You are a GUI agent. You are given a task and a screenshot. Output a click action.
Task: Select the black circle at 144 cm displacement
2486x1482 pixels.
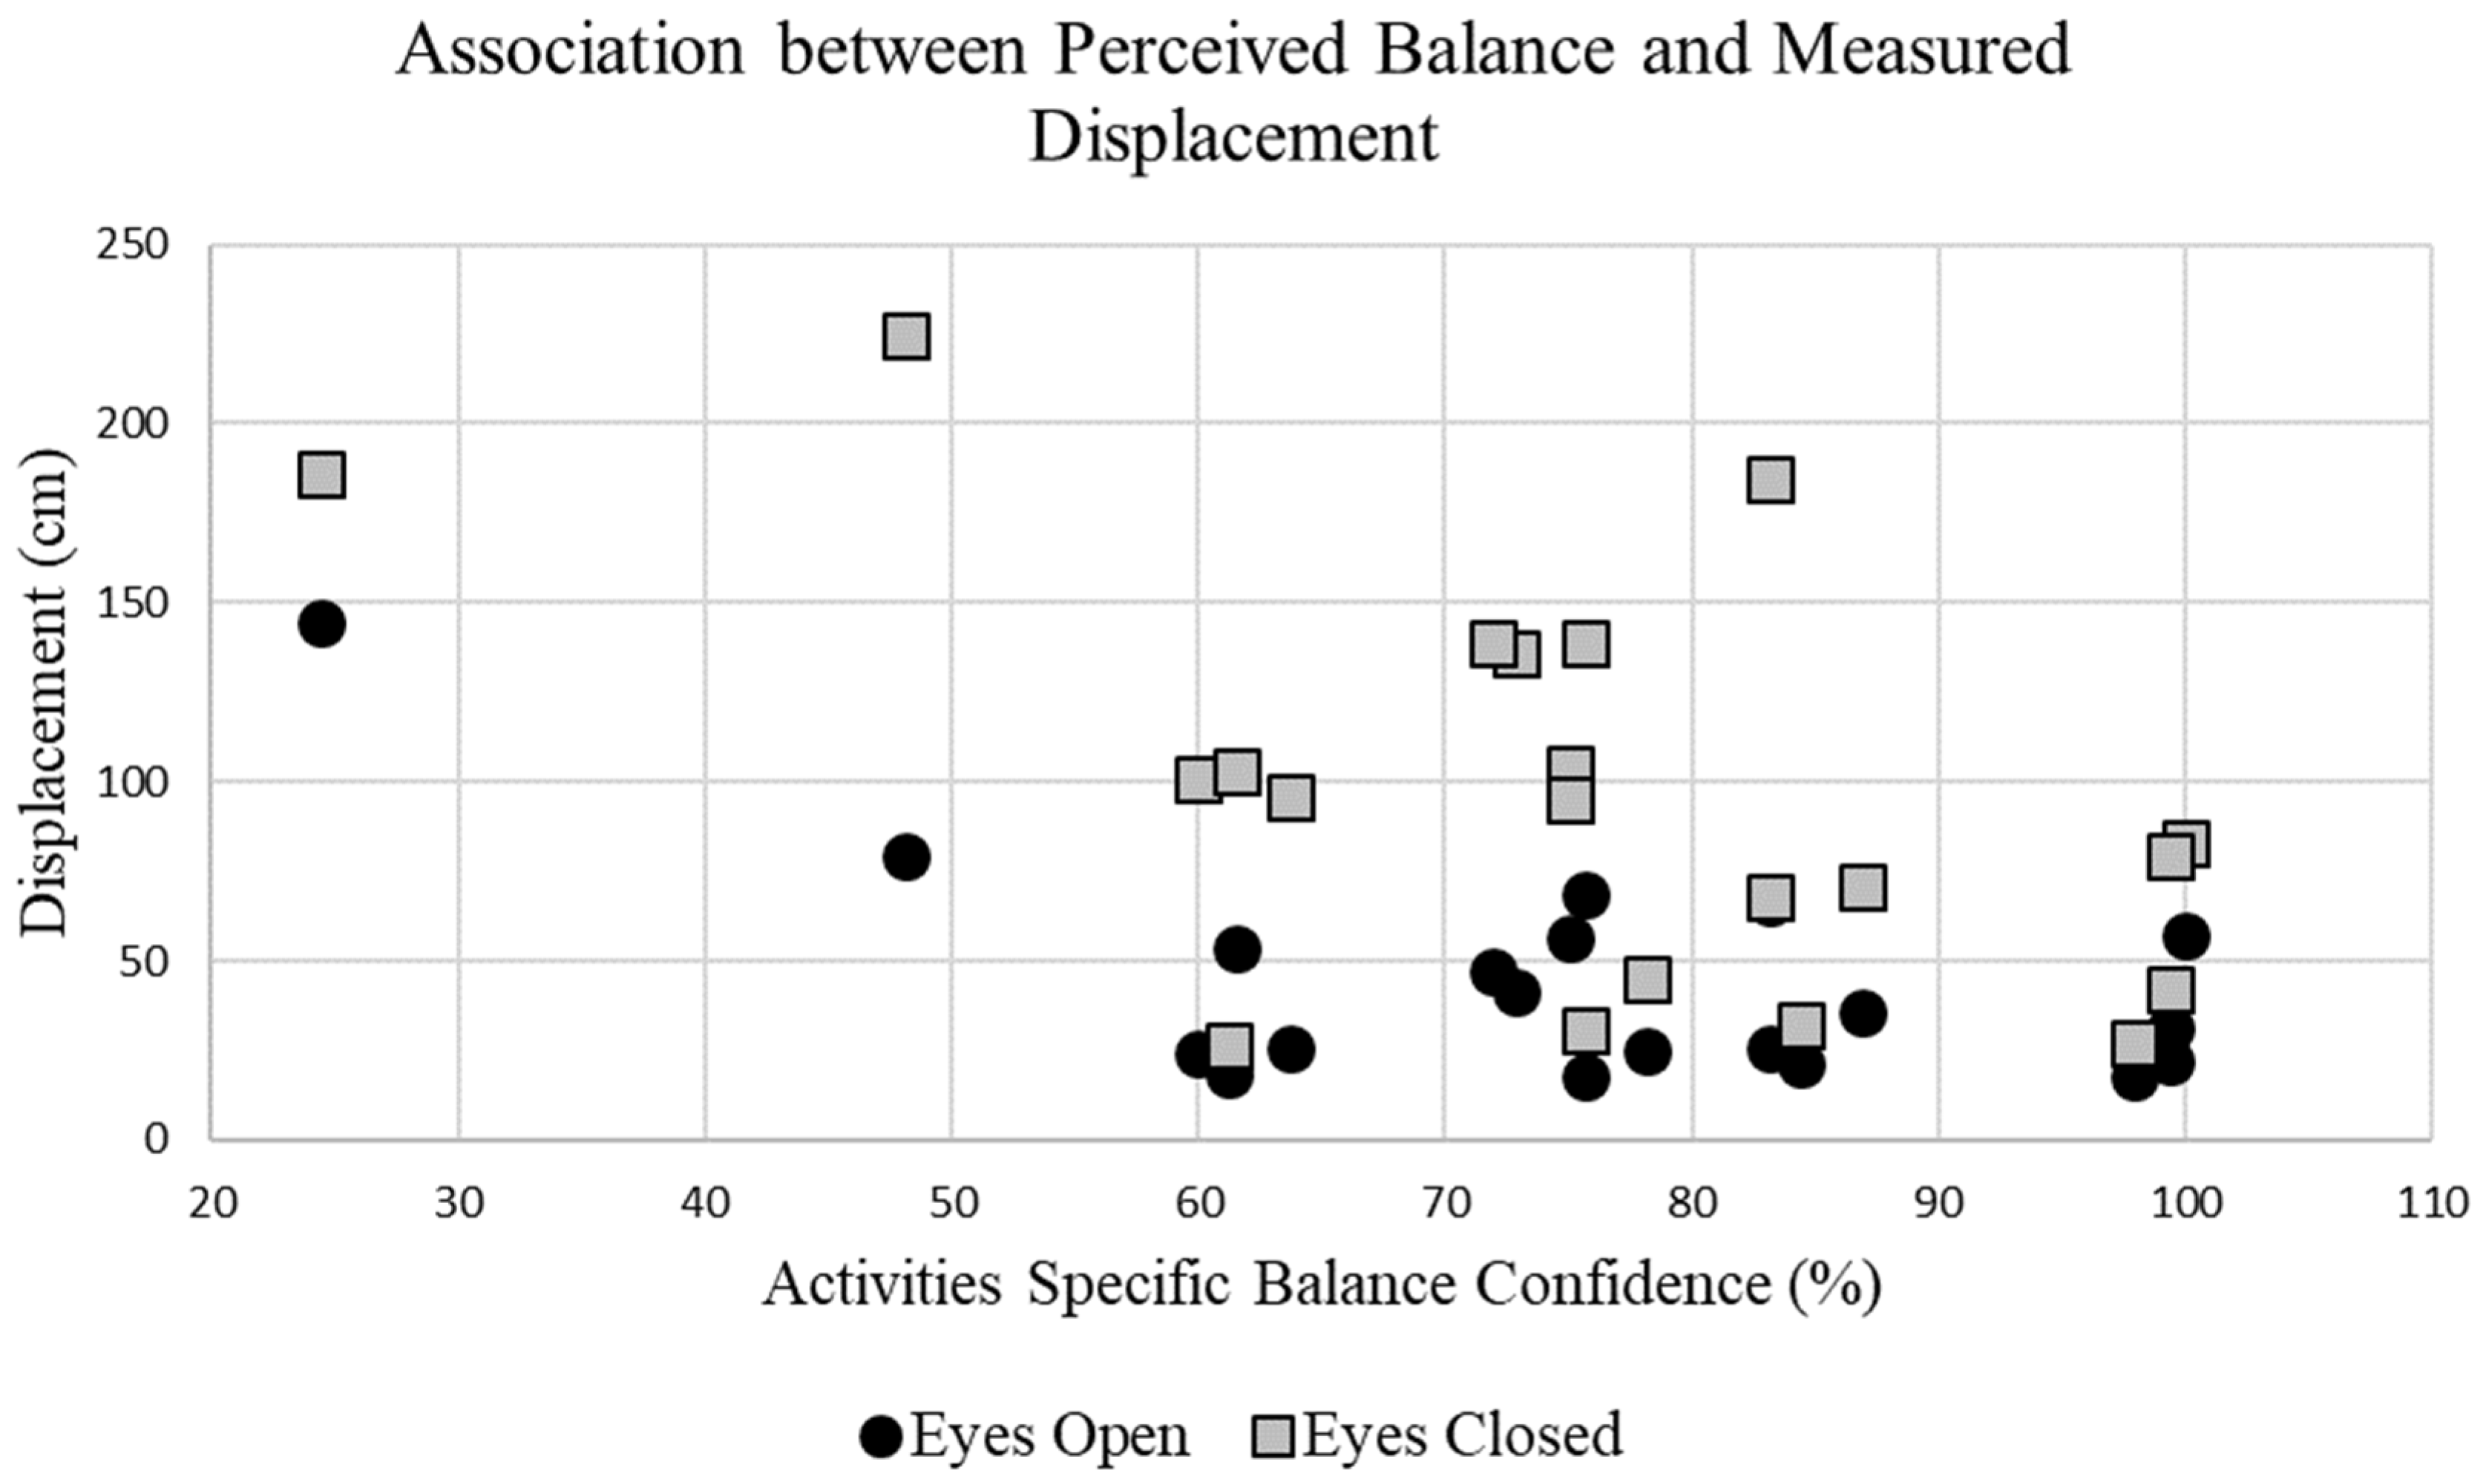pos(321,624)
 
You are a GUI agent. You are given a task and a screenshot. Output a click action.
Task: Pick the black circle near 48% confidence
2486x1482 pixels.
pos(907,857)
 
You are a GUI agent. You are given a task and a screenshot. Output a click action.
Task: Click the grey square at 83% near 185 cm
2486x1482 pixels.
pos(1770,480)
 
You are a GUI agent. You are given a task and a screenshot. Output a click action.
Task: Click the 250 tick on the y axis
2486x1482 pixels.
pos(132,245)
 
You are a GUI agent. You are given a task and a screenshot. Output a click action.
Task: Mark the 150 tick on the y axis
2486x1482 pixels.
pos(132,602)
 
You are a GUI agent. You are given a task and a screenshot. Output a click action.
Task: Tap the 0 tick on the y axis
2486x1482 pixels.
pos(155,1138)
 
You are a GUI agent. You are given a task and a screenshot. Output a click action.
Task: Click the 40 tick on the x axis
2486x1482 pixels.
pos(706,1204)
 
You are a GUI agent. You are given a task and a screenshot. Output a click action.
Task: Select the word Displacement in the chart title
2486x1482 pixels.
pos(1234,137)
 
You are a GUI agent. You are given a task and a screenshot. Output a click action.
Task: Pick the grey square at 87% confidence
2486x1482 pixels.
pos(1863,887)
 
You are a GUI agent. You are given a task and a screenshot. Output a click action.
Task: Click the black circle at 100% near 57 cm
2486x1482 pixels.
pos(2185,936)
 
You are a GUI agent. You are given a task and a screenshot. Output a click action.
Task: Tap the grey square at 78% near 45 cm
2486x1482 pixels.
pos(1647,980)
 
